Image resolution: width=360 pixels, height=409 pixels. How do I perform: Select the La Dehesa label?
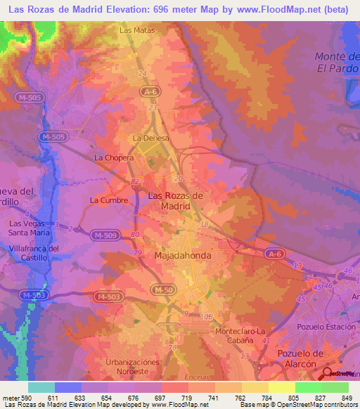151,138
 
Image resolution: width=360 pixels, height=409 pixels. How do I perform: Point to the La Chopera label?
114,158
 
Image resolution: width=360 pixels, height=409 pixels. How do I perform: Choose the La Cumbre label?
109,200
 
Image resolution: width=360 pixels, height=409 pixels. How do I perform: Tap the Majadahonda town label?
182,257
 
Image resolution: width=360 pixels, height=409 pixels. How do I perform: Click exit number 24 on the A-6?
143,73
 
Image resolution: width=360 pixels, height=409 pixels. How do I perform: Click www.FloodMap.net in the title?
257,11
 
